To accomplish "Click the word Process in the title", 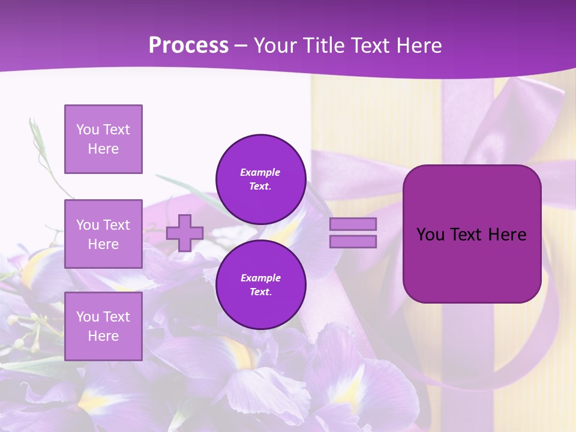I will (188, 46).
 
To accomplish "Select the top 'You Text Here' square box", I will (103, 139).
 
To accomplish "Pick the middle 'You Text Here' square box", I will (103, 234).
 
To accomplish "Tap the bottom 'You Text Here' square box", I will (103, 326).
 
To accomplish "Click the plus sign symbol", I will (185, 233).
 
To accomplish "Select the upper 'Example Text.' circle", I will (260, 179).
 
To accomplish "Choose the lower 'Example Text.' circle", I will (260, 284).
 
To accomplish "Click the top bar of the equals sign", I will (353, 224).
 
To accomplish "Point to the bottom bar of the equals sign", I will (353, 241).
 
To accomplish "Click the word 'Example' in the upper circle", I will (260, 172).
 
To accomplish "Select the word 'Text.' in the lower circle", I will (260, 292).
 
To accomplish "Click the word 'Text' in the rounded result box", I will (467, 235).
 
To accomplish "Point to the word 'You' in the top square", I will (87, 130).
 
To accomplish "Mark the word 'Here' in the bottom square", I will (103, 336).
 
